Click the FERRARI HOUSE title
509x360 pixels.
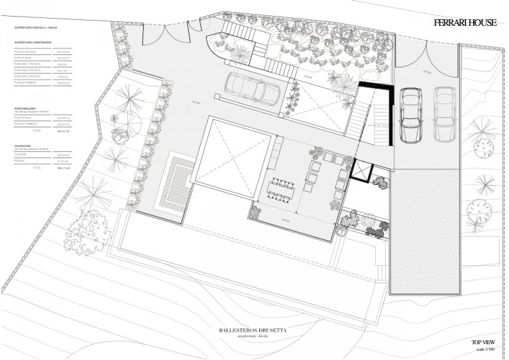click(465, 23)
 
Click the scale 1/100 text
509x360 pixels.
click(484, 349)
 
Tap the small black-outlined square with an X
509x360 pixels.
click(362, 171)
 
